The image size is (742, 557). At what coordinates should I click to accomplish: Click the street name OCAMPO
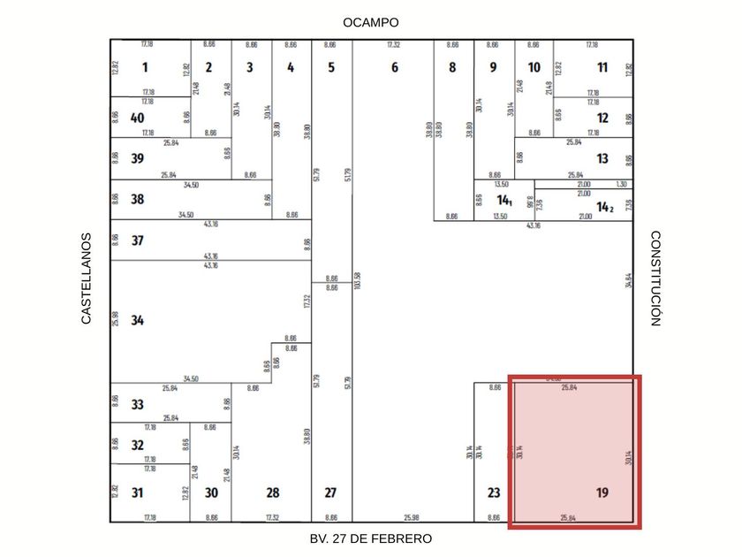point(371,22)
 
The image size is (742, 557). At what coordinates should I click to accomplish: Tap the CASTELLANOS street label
point(87,278)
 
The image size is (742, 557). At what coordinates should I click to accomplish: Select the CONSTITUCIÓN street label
point(655,278)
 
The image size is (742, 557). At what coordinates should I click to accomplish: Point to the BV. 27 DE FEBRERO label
point(371,538)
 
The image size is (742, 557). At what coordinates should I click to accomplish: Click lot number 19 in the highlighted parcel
point(602,492)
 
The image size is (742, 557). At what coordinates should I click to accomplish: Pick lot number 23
point(494,492)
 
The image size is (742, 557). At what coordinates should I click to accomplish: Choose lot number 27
point(330,492)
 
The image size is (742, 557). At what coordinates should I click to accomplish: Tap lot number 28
point(273,492)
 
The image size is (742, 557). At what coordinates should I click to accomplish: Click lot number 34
point(137,320)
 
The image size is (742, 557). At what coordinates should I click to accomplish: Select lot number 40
point(137,118)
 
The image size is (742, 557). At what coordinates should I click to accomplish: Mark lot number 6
point(394,67)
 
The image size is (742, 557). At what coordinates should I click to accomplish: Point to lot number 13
point(602,159)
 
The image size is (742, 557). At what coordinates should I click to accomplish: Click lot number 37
point(137,240)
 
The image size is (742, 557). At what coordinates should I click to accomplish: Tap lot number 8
point(452,67)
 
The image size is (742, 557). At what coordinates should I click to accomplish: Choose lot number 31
point(137,492)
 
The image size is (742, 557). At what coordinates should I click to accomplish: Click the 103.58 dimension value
point(357,281)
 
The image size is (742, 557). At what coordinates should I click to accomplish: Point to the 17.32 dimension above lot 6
point(394,44)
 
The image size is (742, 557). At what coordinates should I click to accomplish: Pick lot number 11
point(602,67)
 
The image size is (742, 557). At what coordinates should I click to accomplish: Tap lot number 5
point(330,67)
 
